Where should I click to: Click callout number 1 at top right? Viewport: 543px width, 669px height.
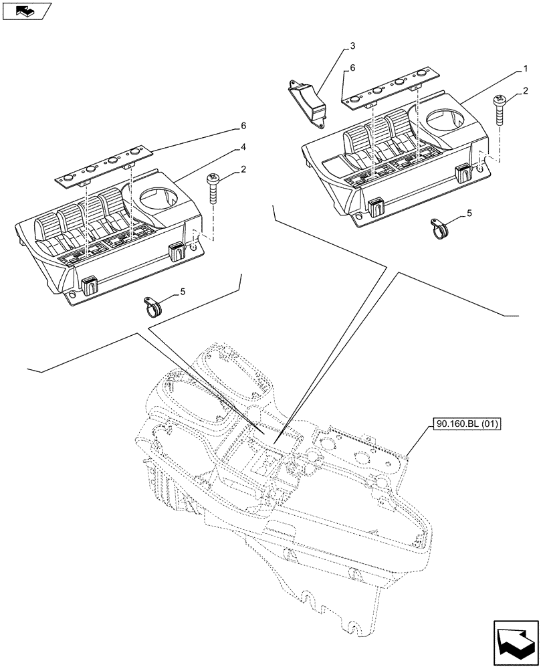click(x=527, y=68)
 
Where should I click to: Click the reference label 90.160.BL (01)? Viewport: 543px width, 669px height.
click(x=468, y=423)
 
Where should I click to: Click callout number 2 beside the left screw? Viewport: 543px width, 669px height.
click(x=243, y=170)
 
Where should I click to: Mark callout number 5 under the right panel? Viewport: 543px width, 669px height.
click(x=469, y=213)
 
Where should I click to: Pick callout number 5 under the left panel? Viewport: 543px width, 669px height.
click(x=182, y=292)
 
